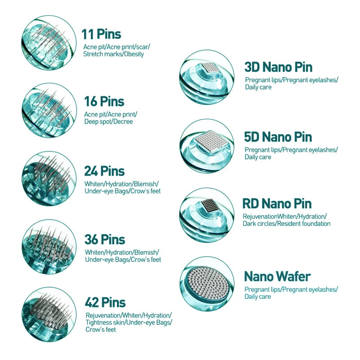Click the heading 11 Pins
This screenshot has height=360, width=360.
click(101, 34)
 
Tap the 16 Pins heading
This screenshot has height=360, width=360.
click(104, 102)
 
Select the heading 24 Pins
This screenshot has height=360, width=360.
click(104, 171)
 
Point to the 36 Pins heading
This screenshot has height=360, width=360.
click(105, 239)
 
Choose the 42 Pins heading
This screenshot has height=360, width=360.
click(105, 302)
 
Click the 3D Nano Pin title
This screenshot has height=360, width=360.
click(278, 67)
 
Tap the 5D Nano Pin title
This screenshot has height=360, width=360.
click(278, 137)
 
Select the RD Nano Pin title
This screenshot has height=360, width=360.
click(277, 204)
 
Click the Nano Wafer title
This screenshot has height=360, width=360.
click(277, 276)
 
